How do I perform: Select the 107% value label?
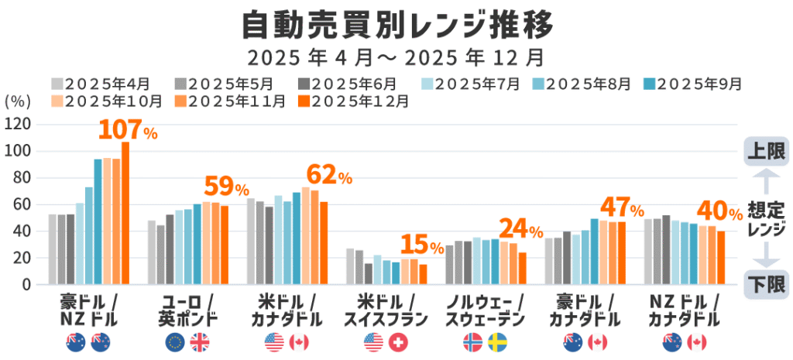pyautogui.click(x=128, y=131)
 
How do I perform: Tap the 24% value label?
pyautogui.click(x=520, y=230)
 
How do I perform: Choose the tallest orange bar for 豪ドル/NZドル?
pyautogui.click(x=125, y=213)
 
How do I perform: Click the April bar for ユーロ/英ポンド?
pyautogui.click(x=152, y=252)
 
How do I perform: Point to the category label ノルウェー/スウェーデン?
pyautogui.click(x=486, y=310)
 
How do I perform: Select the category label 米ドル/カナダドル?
pyautogui.click(x=287, y=310)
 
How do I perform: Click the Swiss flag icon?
pyautogui.click(x=398, y=341)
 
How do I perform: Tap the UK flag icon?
pyautogui.click(x=199, y=341)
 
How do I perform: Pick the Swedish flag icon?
pyautogui.click(x=497, y=341)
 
